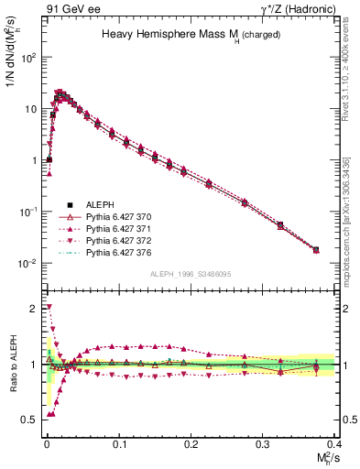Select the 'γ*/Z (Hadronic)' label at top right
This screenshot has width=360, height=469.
click(290, 8)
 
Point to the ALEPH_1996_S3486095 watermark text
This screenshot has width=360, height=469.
click(190, 275)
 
